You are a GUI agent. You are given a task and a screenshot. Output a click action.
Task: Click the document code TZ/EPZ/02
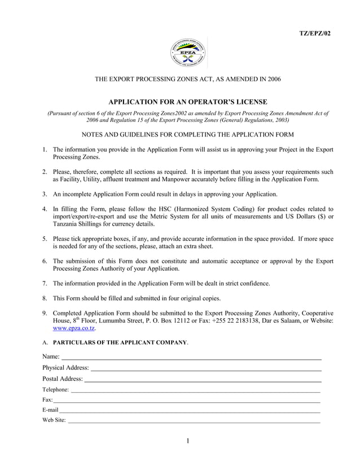coord(314,33)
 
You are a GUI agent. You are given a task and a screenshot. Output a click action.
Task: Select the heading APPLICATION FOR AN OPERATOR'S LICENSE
coord(187,102)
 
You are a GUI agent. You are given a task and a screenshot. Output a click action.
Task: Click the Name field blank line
coord(191,357)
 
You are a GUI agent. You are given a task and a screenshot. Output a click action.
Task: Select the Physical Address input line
coord(206,368)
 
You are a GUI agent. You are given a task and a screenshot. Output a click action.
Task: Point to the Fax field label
coord(47,399)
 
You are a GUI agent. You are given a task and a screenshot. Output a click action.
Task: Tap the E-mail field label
coord(50,410)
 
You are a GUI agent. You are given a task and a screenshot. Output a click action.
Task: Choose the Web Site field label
coord(54,420)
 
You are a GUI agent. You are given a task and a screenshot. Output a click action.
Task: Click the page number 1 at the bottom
coord(187,441)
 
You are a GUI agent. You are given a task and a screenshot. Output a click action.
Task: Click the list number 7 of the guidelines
coord(44,283)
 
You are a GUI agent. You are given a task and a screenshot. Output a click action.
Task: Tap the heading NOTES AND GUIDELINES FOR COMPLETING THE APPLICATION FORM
coord(187,134)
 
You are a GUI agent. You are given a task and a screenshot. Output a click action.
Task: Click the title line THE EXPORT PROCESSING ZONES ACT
coord(187,80)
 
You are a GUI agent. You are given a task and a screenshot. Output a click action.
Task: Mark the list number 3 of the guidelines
coord(44,194)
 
